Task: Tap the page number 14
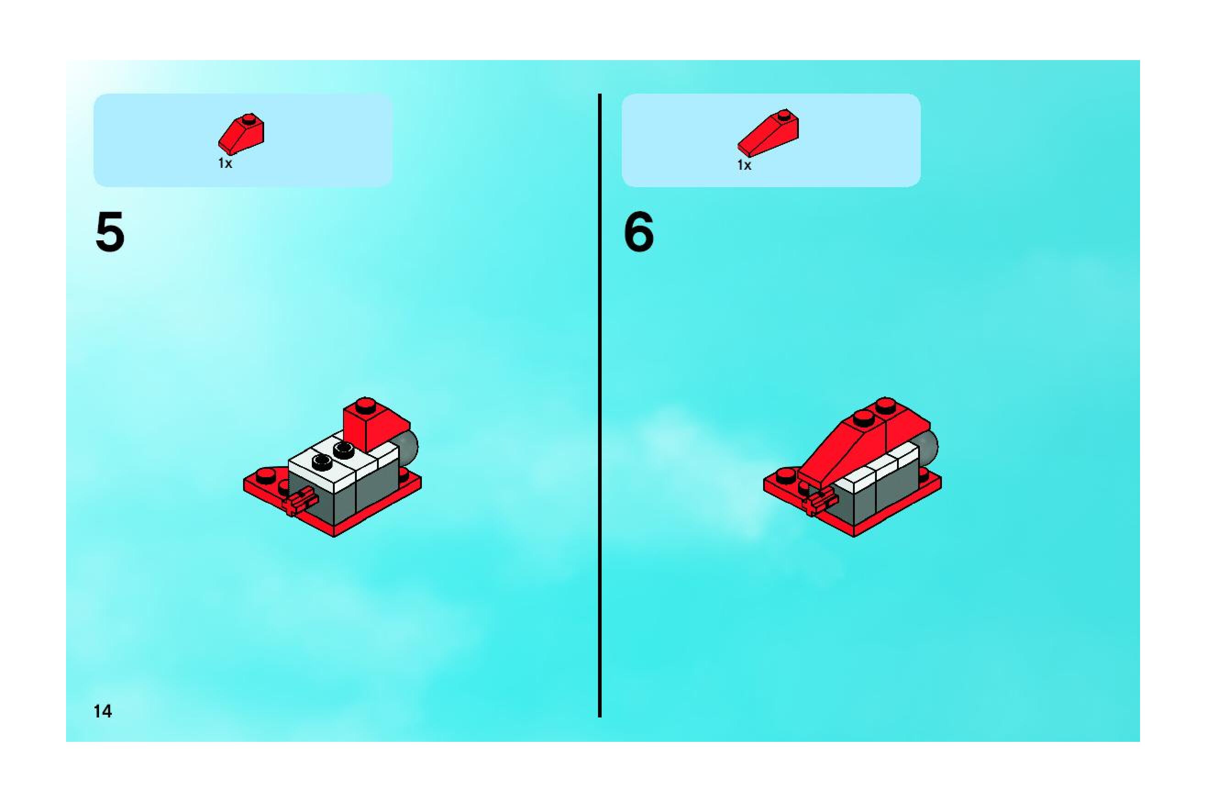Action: click(102, 712)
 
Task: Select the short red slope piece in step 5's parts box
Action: click(241, 133)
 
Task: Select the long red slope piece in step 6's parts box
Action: click(768, 133)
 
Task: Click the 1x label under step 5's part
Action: click(225, 164)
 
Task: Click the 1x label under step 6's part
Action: click(744, 165)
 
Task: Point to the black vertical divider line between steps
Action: click(600, 406)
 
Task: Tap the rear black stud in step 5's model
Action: click(343, 449)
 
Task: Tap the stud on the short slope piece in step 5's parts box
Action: click(249, 119)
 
